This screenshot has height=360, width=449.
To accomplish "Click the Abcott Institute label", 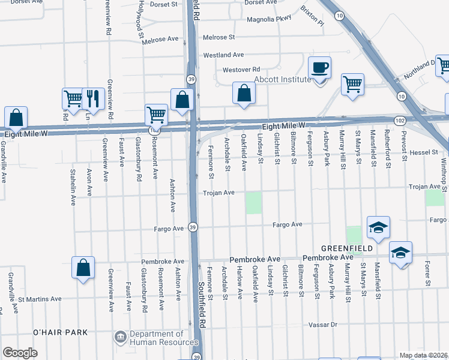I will (283, 79).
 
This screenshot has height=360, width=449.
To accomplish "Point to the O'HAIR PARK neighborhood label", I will (60, 332).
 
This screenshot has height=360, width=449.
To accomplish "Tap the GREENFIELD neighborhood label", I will (346, 248).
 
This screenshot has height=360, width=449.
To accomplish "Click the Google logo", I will (20, 353).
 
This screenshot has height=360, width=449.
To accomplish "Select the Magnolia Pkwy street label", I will (270, 18).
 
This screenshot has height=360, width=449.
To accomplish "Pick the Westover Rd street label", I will (241, 70).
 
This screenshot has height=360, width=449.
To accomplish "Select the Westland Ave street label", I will (223, 55).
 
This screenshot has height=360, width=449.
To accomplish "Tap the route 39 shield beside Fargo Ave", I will (192, 227).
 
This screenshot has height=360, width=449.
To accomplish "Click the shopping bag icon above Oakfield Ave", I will (244, 94).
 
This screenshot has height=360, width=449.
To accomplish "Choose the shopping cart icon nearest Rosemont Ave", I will (156, 114).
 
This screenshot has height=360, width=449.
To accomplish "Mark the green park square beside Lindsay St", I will (254, 203).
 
